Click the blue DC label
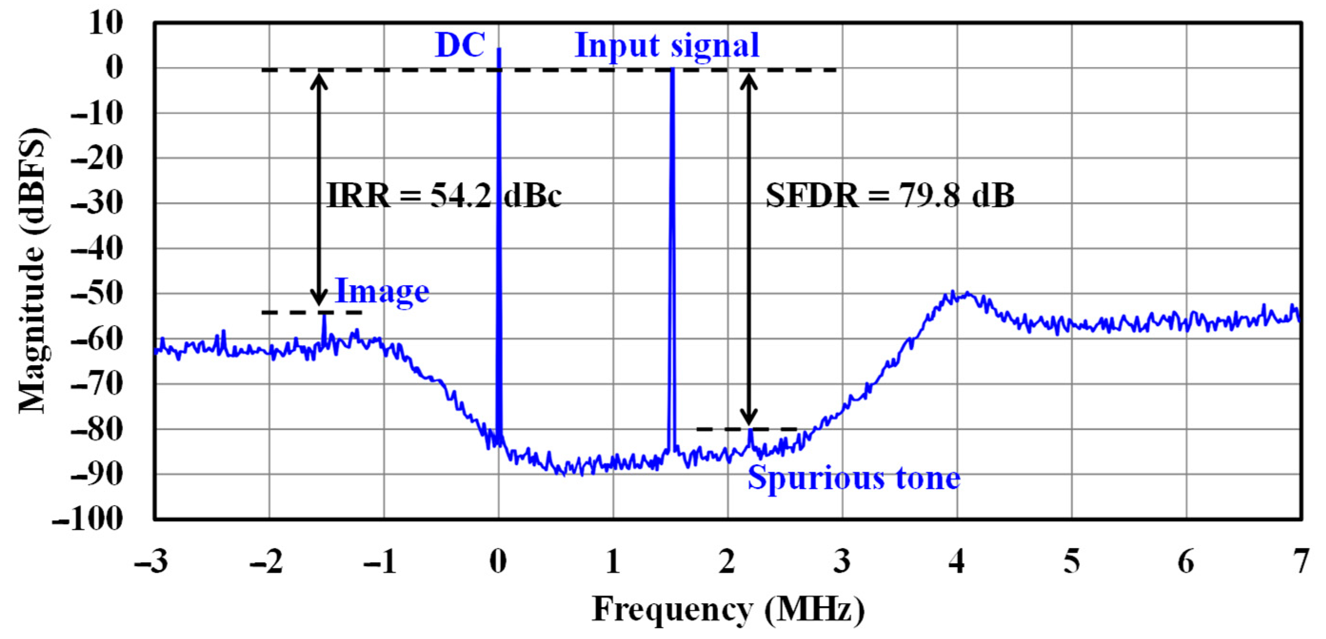click(x=460, y=45)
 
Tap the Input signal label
click(x=667, y=45)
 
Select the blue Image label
click(x=382, y=291)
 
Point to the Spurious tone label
click(x=853, y=478)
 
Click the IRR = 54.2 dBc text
click(x=444, y=196)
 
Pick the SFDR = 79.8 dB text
click(x=890, y=196)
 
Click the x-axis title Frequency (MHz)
click(x=728, y=609)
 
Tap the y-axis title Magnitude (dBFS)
click(x=33, y=270)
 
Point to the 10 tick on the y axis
click(x=106, y=23)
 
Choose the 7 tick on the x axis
click(x=1301, y=561)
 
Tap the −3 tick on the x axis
click(x=151, y=561)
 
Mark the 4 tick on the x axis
click(x=956, y=561)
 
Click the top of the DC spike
click(x=499, y=49)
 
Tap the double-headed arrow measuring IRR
click(x=319, y=190)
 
